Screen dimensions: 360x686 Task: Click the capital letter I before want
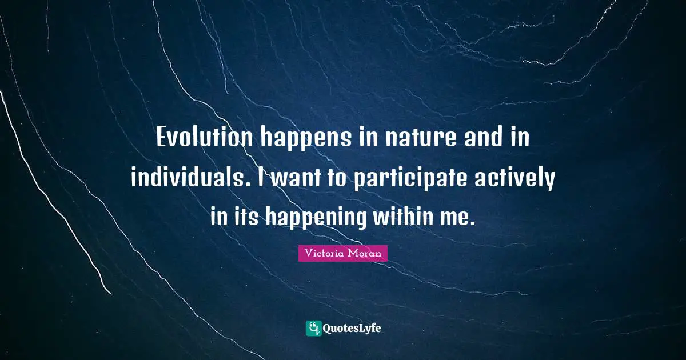pyautogui.click(x=261, y=179)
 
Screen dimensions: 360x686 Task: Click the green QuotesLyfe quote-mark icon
pyautogui.click(x=313, y=328)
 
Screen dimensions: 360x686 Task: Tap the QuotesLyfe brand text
pyautogui.click(x=352, y=328)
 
